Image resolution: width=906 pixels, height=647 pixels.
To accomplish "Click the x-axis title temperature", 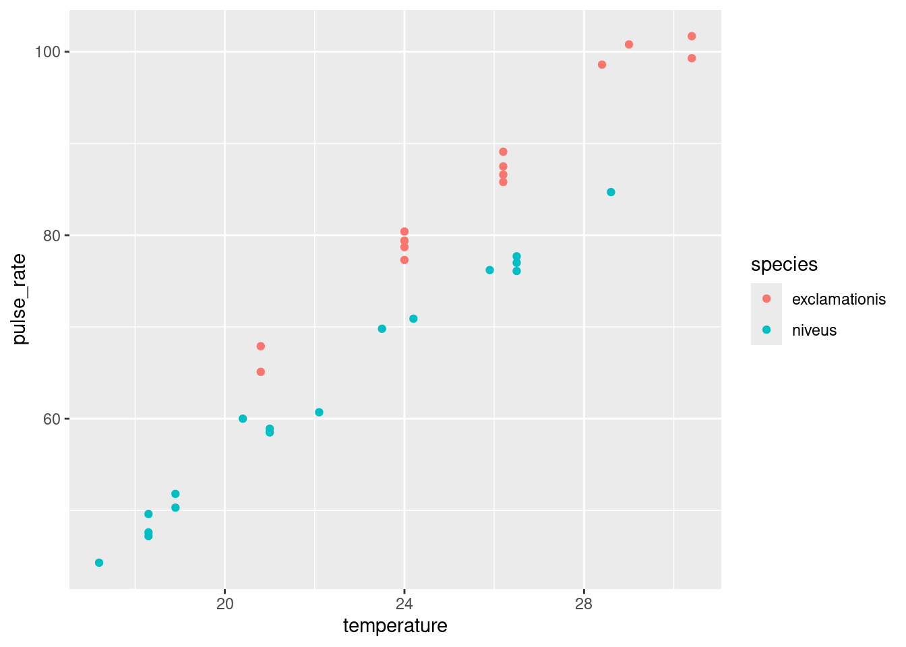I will pos(395,626).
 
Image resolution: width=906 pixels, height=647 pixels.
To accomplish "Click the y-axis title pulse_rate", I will pos(20,299).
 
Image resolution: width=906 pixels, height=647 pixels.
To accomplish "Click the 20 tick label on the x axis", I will pos(224,603).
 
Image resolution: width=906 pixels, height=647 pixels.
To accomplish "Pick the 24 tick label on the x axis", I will pos(404,603).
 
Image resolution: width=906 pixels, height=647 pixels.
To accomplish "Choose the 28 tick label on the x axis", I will pos(584,603).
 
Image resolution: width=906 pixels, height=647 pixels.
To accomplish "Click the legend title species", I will pos(784,265).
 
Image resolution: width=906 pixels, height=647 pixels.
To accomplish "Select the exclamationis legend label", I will pos(839,299).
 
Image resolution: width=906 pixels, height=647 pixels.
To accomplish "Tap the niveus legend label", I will pos(814,330).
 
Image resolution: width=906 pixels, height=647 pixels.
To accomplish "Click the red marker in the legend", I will pos(766,299).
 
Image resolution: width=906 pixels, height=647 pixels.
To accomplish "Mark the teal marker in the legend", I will pos(766,330).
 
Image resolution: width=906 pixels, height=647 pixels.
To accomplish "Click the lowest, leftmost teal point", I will pos(99,563).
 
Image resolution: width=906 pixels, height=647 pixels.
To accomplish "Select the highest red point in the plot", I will pos(692,36).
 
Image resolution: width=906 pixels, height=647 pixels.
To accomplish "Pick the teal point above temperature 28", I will pos(611,192).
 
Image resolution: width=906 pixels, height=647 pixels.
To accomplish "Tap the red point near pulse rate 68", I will pos(261,346).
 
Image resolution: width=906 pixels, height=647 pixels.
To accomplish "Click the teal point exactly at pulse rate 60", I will pos(243,419).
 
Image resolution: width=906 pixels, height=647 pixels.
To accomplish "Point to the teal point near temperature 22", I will pos(319,412).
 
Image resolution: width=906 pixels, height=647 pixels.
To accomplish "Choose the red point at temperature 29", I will pos(629,44).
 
